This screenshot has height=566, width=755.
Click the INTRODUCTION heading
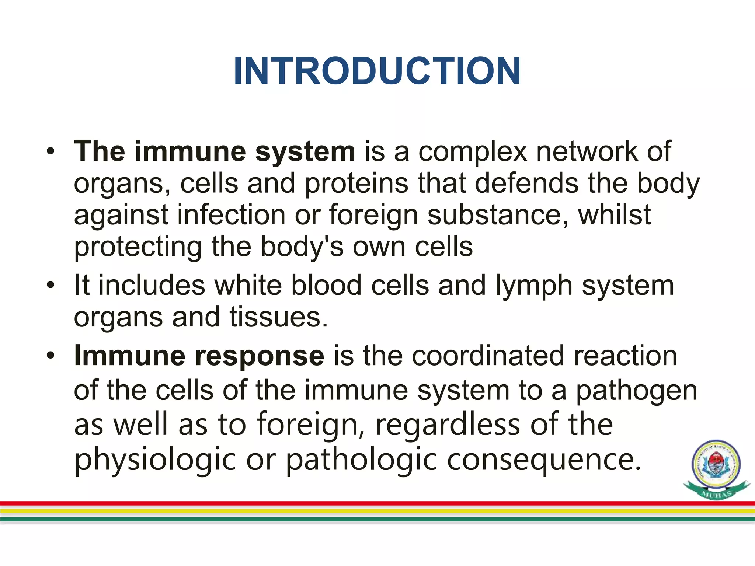pyautogui.click(x=377, y=71)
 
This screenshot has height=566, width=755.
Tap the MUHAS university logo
pyautogui.click(x=716, y=469)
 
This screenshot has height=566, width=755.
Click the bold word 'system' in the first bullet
pyautogui.click(x=305, y=151)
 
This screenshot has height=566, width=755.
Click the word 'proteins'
pyautogui.click(x=356, y=183)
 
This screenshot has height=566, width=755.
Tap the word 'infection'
pyautogui.click(x=231, y=215)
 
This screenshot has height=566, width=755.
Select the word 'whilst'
pyautogui.click(x=614, y=215)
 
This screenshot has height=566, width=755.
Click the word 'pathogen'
pyautogui.click(x=636, y=391)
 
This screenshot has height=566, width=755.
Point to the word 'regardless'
pyautogui.click(x=448, y=424)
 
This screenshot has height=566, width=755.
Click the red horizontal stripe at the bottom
pyautogui.click(x=369, y=503)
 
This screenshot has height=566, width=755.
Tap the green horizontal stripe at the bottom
pyautogui.click(x=369, y=519)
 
